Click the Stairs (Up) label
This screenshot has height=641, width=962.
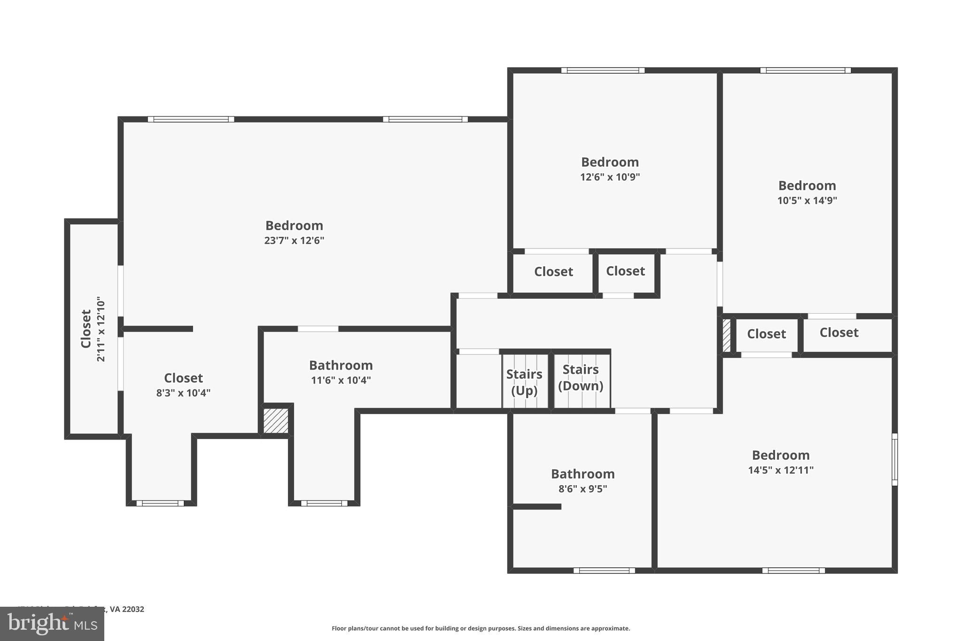pos(524,382)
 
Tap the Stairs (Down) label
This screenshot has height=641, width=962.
pos(581,377)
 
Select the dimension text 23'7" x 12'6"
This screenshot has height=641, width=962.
pos(294,240)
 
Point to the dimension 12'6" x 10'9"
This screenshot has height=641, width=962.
pos(610,177)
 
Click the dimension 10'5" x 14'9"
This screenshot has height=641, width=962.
pos(807,201)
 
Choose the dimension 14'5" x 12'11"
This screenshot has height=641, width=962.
pos(781,470)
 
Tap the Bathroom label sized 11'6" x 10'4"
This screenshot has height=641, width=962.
pos(341,365)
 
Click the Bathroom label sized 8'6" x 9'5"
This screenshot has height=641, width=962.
pos(582,474)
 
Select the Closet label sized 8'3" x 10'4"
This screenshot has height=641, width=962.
pos(183,378)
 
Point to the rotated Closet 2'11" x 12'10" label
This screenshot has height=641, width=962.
pos(86,328)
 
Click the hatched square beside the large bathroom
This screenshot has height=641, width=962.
pos(276,421)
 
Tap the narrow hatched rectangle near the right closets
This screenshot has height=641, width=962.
pos(726,335)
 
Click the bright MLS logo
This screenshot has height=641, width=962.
pos(52,624)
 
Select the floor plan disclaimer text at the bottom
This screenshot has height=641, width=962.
pos(481,628)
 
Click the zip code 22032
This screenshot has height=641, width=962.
pos(133,609)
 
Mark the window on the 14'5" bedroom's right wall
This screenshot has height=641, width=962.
pos(894,459)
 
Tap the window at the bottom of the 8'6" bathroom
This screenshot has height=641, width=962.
pos(604,571)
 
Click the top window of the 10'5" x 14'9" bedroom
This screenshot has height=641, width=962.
pos(805,70)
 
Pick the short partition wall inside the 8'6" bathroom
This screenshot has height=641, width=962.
pos(537,507)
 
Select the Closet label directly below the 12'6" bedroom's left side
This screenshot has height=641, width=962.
pos(553,272)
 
